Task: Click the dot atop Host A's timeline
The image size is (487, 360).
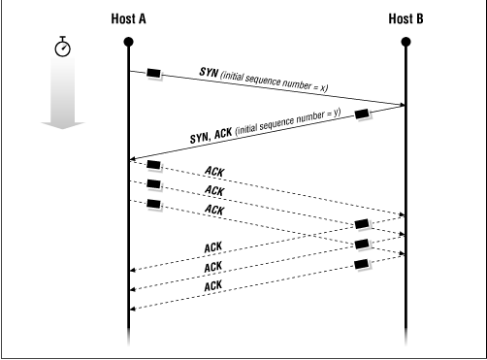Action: tap(128, 41)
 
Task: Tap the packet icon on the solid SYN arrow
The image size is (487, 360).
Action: tap(153, 74)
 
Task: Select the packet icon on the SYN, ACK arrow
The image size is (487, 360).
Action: tap(363, 115)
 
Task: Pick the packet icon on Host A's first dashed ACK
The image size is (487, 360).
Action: tap(153, 167)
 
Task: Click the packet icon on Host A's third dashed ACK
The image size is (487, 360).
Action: tap(153, 203)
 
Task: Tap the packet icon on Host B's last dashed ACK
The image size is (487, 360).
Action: tap(363, 263)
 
